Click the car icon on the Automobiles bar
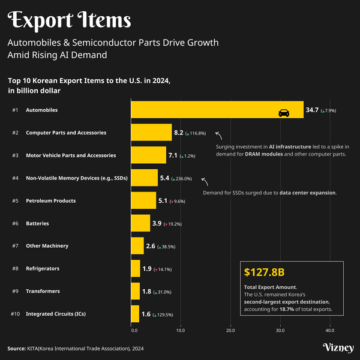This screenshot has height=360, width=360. pos(283,112)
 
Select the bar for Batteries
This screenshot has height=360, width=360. pos(140,223)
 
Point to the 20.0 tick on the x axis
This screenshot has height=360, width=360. pos(230,330)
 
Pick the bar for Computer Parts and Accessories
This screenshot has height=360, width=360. pos(151,133)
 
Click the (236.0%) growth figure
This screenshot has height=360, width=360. pos(182,179)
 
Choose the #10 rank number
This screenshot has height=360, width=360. pos(16,314)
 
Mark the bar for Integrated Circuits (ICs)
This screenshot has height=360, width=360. pos(135,314)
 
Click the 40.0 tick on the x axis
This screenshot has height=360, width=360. pos(329,330)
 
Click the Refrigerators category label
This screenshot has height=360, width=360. pos(42,268)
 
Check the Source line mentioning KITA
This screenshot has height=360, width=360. pos(76,348)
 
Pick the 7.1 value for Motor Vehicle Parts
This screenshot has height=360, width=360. pos(173,155)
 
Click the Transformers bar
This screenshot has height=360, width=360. pos(136,291)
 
